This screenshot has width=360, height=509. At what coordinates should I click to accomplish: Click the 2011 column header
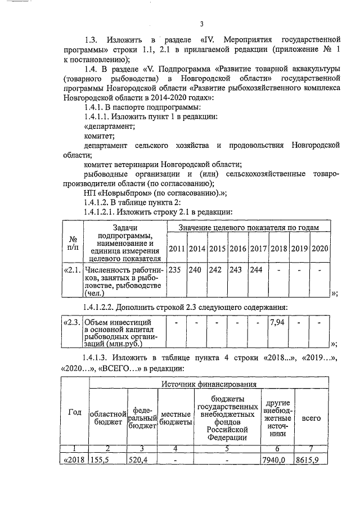point(176,249)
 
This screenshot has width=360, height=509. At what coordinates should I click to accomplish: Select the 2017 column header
point(256,249)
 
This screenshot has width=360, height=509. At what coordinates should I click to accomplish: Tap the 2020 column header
point(319,249)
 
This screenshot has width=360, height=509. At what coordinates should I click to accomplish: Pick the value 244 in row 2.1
point(256,269)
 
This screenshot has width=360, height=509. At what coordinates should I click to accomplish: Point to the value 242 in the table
point(215,269)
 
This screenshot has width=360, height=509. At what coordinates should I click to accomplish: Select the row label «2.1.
point(72,269)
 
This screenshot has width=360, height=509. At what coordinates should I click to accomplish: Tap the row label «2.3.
point(71,323)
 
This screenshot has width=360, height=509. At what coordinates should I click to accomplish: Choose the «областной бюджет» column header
point(108,418)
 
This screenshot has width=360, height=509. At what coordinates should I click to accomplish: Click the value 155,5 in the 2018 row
point(101,460)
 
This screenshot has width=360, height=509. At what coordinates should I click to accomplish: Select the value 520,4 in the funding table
point(138,460)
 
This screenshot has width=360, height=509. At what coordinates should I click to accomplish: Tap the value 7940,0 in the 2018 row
point(274,460)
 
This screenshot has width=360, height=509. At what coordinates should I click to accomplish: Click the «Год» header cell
point(74,411)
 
